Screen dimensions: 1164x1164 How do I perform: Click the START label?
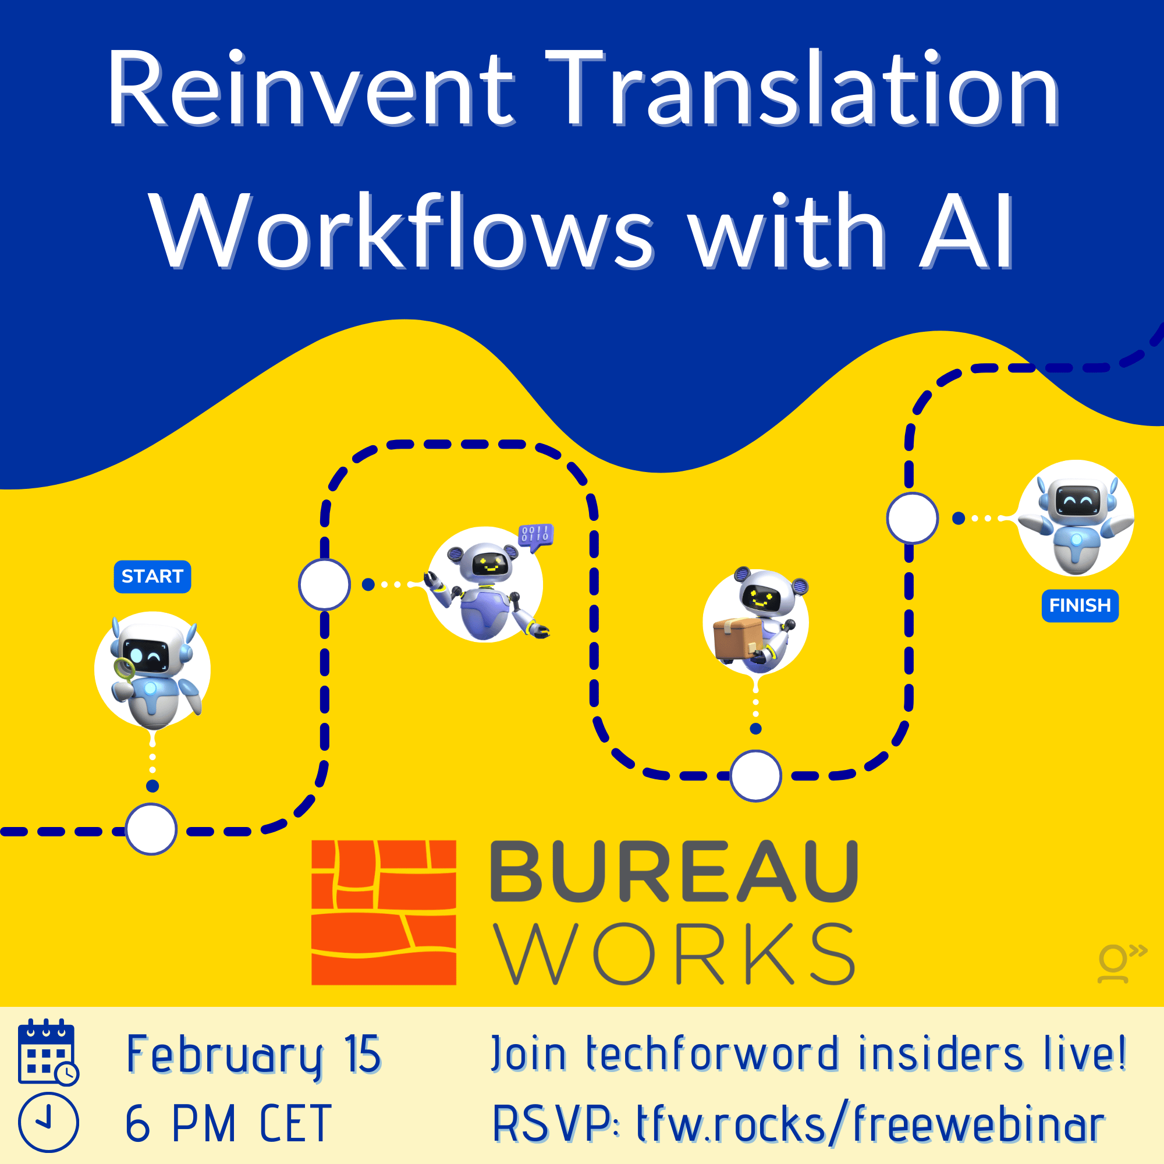coord(152,577)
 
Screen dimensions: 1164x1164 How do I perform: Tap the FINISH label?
coord(1080,605)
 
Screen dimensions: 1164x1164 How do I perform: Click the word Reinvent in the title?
coord(310,89)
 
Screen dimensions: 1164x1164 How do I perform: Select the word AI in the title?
coord(966,232)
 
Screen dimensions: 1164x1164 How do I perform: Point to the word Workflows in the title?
coord(401,232)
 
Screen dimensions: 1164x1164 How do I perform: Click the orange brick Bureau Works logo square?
coord(384,912)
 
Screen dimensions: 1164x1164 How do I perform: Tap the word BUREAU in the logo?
coord(674,872)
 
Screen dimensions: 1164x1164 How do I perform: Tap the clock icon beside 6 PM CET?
coord(48,1123)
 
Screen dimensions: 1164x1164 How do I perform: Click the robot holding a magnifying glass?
coord(152,670)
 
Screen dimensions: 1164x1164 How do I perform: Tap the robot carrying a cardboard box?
coord(755,620)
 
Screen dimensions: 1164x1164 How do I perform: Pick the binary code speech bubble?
coord(535,535)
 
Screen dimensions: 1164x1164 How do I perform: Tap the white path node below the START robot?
coord(151,829)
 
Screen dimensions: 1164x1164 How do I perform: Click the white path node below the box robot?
coord(755,776)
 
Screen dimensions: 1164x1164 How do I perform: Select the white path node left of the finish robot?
coord(912,518)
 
